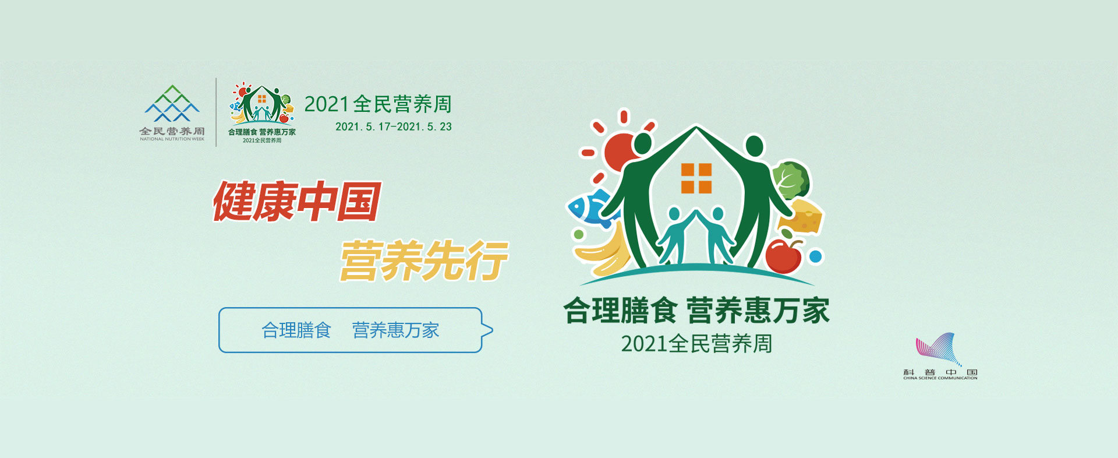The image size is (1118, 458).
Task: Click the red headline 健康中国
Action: point(297,202)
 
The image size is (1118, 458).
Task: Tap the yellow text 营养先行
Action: point(424,260)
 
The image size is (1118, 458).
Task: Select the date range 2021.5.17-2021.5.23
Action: point(394,126)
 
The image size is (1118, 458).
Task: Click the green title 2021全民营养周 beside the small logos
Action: point(378,104)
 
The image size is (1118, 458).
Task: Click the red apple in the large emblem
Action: point(783,255)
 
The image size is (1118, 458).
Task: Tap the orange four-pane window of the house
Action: point(696,178)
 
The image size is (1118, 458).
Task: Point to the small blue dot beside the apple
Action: point(816,256)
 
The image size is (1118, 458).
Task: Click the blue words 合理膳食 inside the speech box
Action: point(296,330)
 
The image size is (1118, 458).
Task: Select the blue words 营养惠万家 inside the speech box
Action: point(395,330)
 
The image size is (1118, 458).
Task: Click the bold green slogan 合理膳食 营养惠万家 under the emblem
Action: point(696,310)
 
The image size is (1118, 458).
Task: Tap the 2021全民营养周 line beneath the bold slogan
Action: point(696,344)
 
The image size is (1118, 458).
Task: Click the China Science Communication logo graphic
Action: point(938,350)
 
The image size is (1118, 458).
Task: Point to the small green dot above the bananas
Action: point(578,234)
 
